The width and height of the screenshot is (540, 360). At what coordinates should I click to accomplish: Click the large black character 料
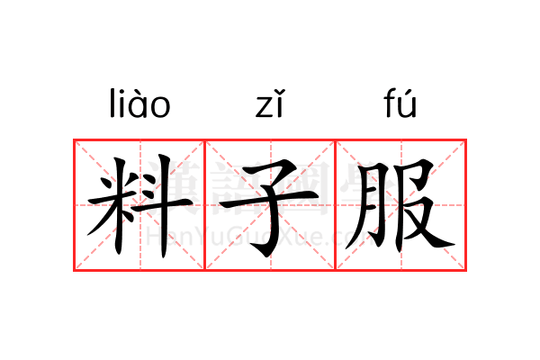[x=139, y=205]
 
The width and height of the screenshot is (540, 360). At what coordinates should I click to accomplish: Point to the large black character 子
[x=270, y=205]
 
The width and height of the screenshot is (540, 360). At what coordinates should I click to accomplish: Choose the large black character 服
[x=400, y=205]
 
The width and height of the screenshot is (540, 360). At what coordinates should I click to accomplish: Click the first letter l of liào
[x=112, y=104]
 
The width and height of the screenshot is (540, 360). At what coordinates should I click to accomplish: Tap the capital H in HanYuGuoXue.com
[x=154, y=237]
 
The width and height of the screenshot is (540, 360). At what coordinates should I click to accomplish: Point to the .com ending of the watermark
[x=355, y=238]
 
